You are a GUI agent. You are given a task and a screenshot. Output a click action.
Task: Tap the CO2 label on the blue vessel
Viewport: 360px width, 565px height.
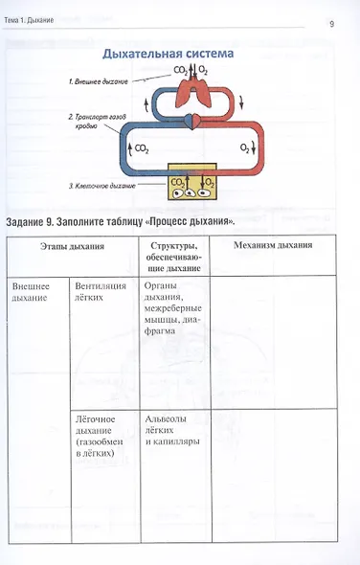(x=141, y=149)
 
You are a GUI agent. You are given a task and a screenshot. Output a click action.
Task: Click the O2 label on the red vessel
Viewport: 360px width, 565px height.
(x=245, y=149)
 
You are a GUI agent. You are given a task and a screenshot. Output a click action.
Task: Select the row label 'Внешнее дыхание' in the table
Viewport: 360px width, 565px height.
(x=31, y=292)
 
